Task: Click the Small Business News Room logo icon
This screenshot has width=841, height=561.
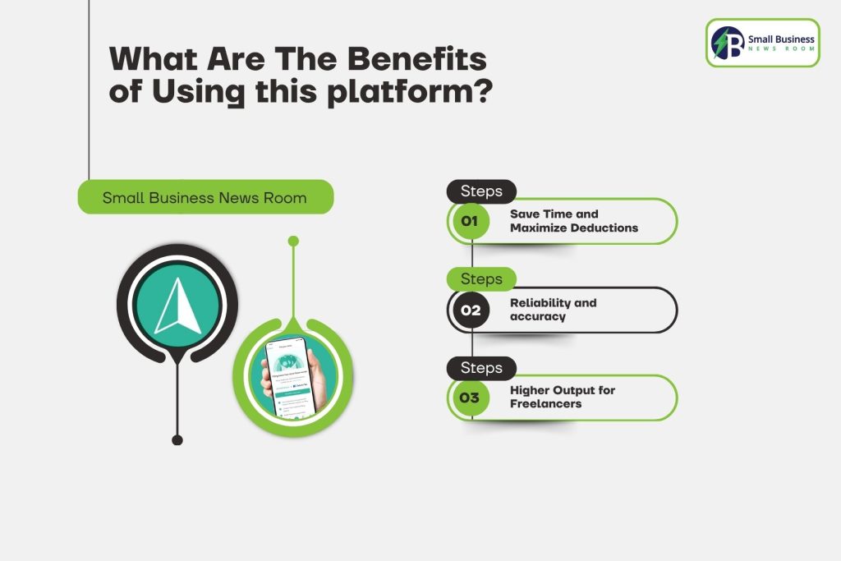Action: pos(728,43)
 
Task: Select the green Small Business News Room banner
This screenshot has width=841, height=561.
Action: pos(205,197)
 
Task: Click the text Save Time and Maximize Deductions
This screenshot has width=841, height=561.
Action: pos(573,221)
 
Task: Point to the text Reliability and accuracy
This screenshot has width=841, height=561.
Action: pos(553,310)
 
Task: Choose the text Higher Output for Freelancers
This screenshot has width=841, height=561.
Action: pos(562,397)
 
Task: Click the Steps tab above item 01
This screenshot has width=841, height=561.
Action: pos(481,191)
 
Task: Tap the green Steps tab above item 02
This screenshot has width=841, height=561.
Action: pos(481,279)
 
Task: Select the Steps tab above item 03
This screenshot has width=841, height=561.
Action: pos(481,367)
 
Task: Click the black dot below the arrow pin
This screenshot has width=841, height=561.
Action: pos(177,440)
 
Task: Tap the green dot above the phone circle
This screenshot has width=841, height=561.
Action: pos(293,241)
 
